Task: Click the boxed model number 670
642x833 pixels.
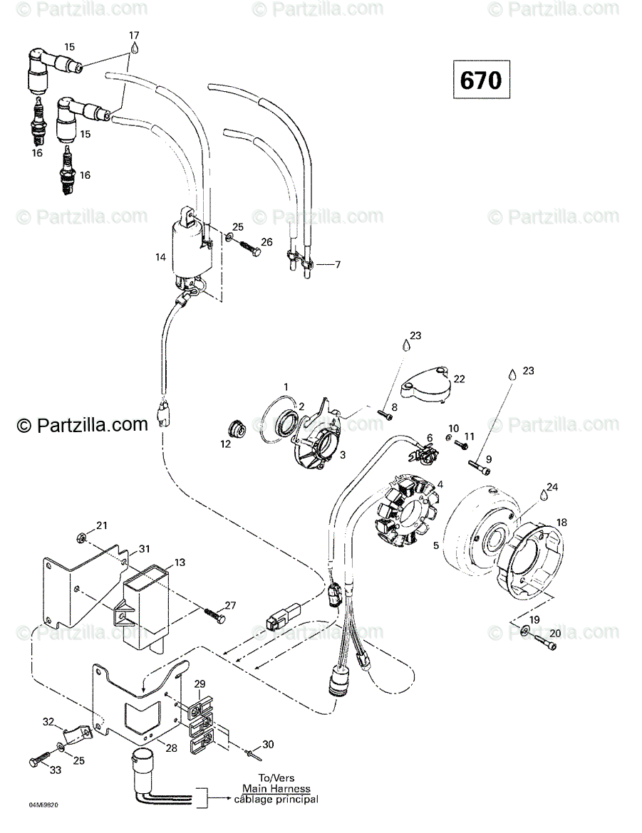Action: [x=480, y=80]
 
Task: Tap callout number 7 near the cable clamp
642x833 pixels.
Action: [x=338, y=265]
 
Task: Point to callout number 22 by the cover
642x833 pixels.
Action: [x=459, y=379]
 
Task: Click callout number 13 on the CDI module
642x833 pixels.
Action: [x=180, y=562]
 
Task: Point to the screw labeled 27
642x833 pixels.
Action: [x=212, y=615]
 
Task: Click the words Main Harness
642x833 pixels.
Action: [x=275, y=788]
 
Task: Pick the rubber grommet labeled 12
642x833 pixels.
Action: [x=236, y=429]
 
